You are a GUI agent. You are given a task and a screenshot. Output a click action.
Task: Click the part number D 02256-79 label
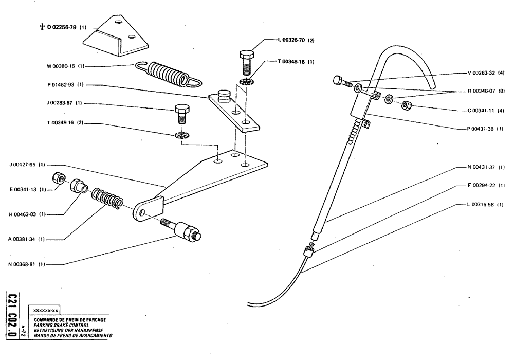pyautogui.click(x=65, y=27)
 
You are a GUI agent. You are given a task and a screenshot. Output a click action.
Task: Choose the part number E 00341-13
pyautogui.click(x=25, y=189)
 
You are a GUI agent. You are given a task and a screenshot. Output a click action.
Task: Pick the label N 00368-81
pyautogui.click(x=25, y=264)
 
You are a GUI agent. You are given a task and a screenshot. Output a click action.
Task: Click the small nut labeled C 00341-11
pyautogui.click(x=406, y=106)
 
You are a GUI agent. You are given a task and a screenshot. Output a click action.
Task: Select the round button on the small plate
pyautogui.click(x=224, y=95)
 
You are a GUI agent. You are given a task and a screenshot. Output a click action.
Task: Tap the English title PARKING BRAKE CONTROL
pyautogui.click(x=62, y=326)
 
